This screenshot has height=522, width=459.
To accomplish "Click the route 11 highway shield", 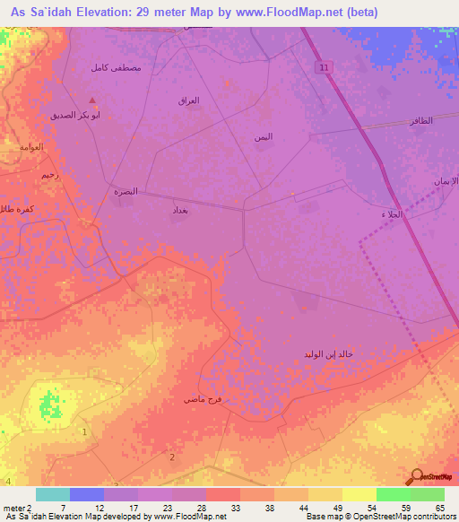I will [x=323, y=67].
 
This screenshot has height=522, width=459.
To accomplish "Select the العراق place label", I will [x=188, y=100].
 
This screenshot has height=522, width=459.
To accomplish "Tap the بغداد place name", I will [x=180, y=208].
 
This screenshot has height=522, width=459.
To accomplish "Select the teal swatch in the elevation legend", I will [x=52, y=494].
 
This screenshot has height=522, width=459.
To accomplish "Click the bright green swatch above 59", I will [x=394, y=494].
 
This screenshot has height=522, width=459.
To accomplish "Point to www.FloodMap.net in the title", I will [x=291, y=13].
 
